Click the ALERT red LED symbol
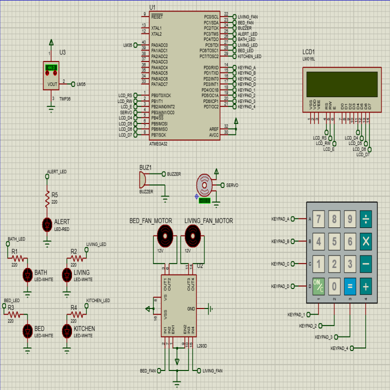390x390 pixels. click(47, 224)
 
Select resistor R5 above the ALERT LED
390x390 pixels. click(47, 200)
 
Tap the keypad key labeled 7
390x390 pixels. click(319, 218)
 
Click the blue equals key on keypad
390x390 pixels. click(350, 287)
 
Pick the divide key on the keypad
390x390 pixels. click(366, 218)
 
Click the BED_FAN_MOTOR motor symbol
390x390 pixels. click(164, 234)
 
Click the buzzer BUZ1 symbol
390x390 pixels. click(143, 179)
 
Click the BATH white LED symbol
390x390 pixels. click(28, 274)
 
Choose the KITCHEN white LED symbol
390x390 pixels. click(67, 330)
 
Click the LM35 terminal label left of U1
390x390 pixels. click(127, 45)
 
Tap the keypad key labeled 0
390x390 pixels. click(334, 287)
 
